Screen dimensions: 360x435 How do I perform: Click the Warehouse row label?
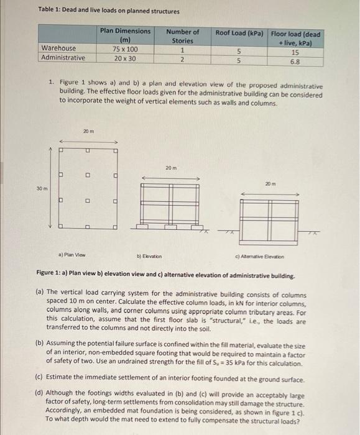pyautogui.click(x=58, y=48)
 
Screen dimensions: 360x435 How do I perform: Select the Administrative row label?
pyautogui.click(x=63, y=58)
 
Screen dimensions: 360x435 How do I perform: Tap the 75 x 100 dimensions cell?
pyautogui.click(x=124, y=48)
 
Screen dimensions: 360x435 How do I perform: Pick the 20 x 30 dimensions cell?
pyautogui.click(x=124, y=58)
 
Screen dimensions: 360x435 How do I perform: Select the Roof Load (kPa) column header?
pyautogui.click(x=239, y=32)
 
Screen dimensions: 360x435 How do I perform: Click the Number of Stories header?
pyautogui.click(x=182, y=36)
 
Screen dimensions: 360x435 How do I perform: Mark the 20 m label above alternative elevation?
pyautogui.click(x=269, y=182)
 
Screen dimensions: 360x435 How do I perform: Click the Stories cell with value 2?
pyautogui.click(x=182, y=58)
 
